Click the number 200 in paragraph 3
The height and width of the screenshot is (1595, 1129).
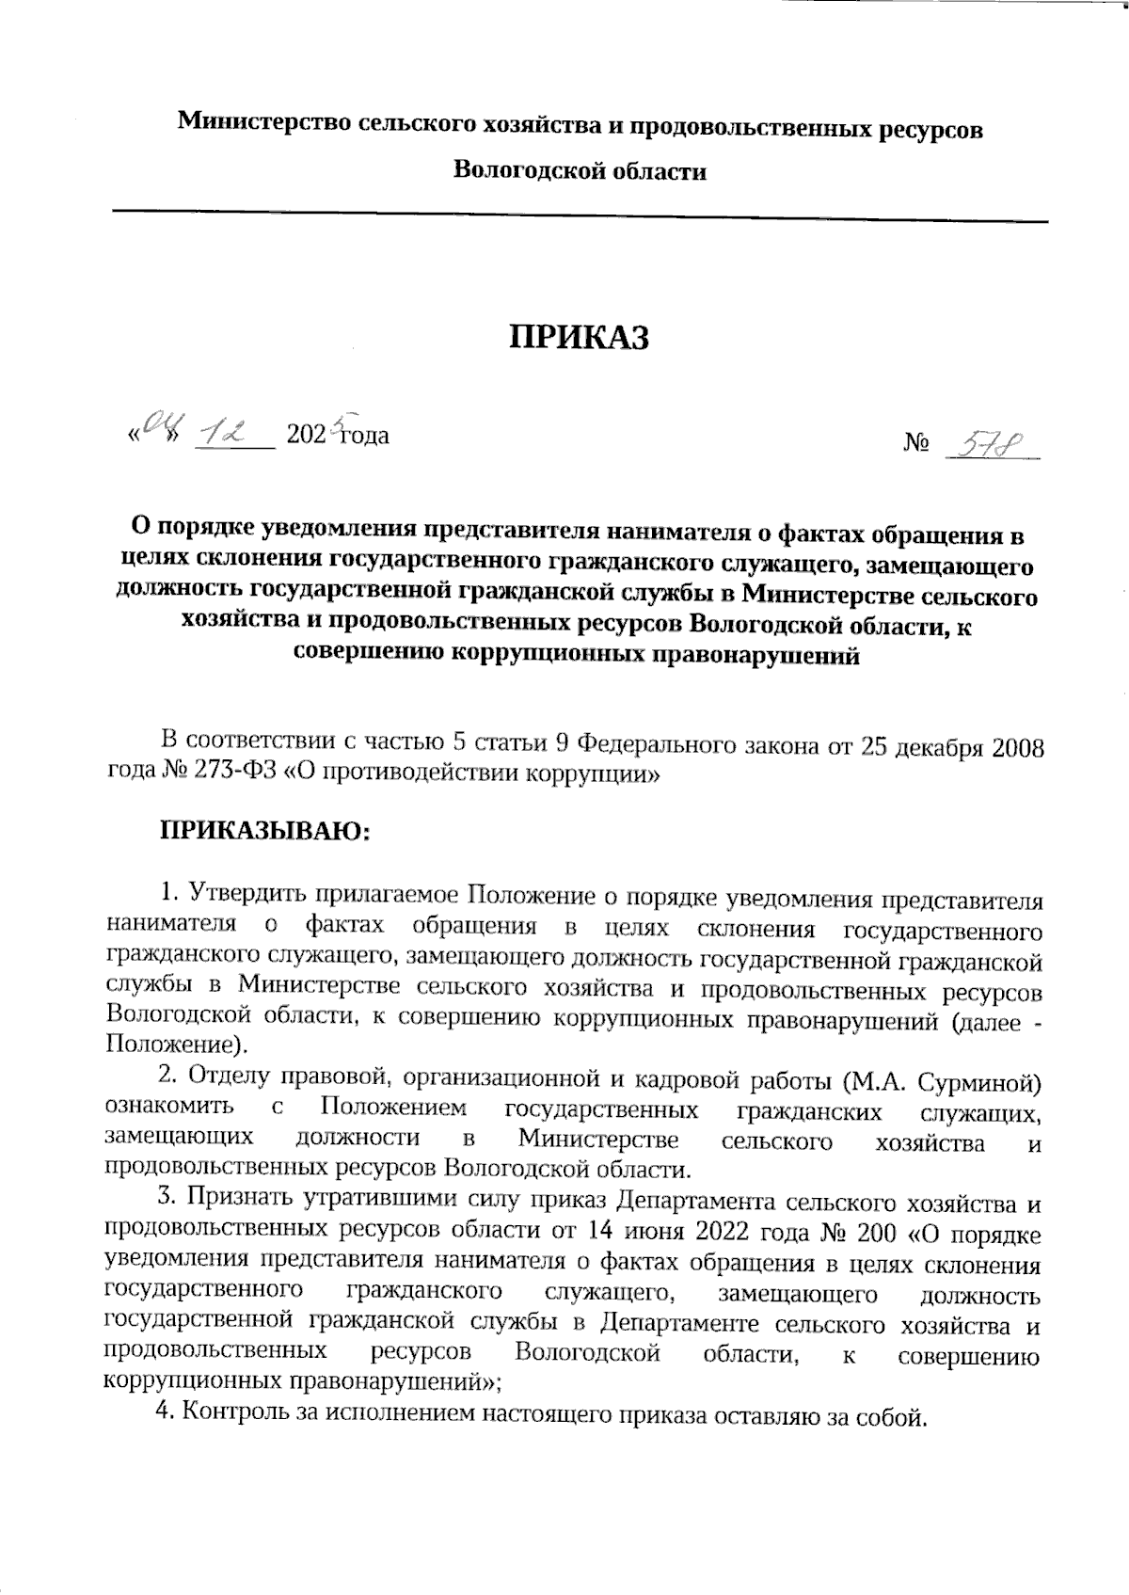point(874,1233)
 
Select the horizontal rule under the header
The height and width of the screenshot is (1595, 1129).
point(580,220)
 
